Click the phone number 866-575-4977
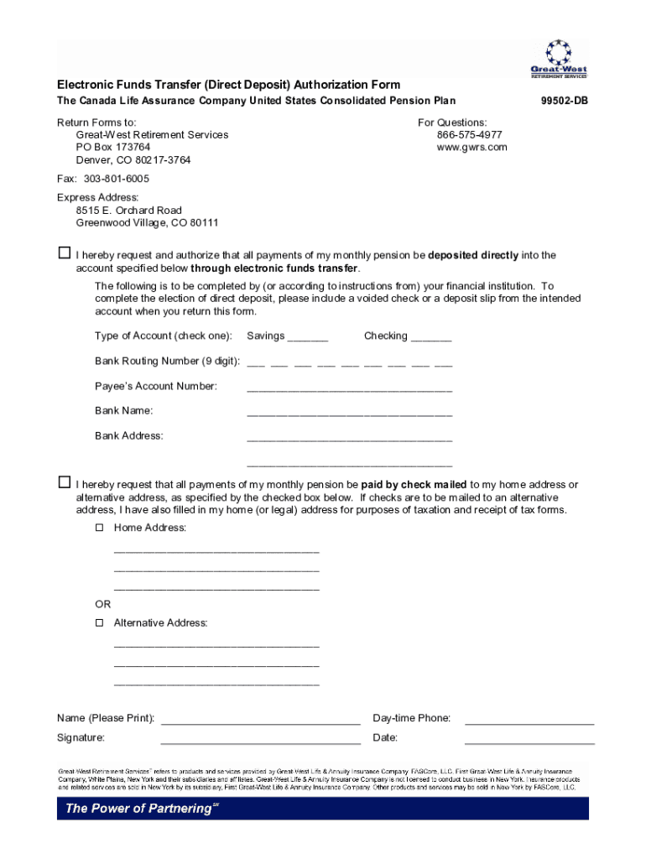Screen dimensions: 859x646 point(469,135)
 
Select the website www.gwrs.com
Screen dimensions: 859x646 point(471,148)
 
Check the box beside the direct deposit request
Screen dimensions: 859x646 point(64,253)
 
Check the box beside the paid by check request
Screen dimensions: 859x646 point(64,483)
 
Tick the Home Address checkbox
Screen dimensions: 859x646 point(99,528)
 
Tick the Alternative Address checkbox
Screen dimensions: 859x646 point(99,623)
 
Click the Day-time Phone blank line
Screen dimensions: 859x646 point(529,721)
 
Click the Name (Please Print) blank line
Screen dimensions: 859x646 point(260,721)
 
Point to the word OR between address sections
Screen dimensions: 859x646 point(102,604)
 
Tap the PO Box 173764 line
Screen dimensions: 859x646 point(113,148)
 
